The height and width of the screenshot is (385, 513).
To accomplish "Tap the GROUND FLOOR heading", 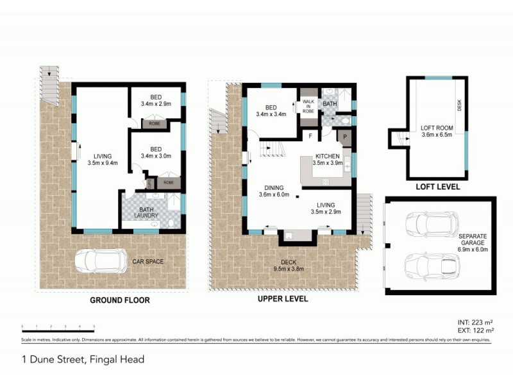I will coord(119,300).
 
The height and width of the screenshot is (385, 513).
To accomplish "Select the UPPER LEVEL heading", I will coord(282,299).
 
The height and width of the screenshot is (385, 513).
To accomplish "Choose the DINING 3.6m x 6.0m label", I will coord(274,191).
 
